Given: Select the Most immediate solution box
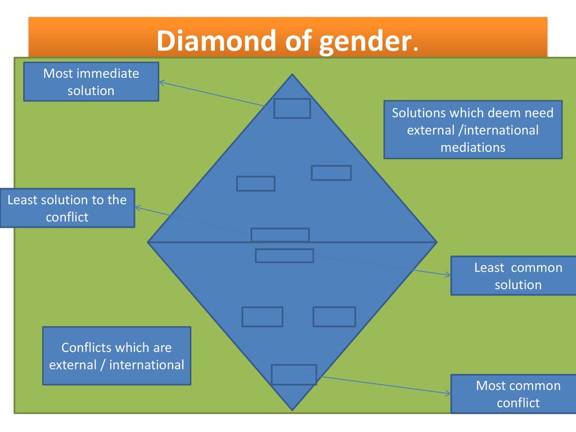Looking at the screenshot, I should pyautogui.click(x=91, y=82).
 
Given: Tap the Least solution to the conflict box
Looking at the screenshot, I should pyautogui.click(x=67, y=208).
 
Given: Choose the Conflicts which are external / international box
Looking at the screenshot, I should pyautogui.click(x=116, y=356).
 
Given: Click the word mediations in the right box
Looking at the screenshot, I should pyautogui.click(x=472, y=147).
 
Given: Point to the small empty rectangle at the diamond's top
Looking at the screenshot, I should pyautogui.click(x=292, y=109).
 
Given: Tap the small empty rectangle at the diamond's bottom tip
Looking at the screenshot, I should pyautogui.click(x=294, y=375).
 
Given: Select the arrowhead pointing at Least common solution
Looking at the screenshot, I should pyautogui.click(x=448, y=275).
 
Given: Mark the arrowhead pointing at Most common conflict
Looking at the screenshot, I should pyautogui.click(x=448, y=394).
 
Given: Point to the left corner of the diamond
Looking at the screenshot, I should pyautogui.click(x=148, y=242).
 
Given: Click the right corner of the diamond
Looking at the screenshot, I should pyautogui.click(x=436, y=242).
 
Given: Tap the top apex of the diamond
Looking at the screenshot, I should pyautogui.click(x=292, y=75).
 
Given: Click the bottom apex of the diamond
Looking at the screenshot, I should pyautogui.click(x=292, y=409).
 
